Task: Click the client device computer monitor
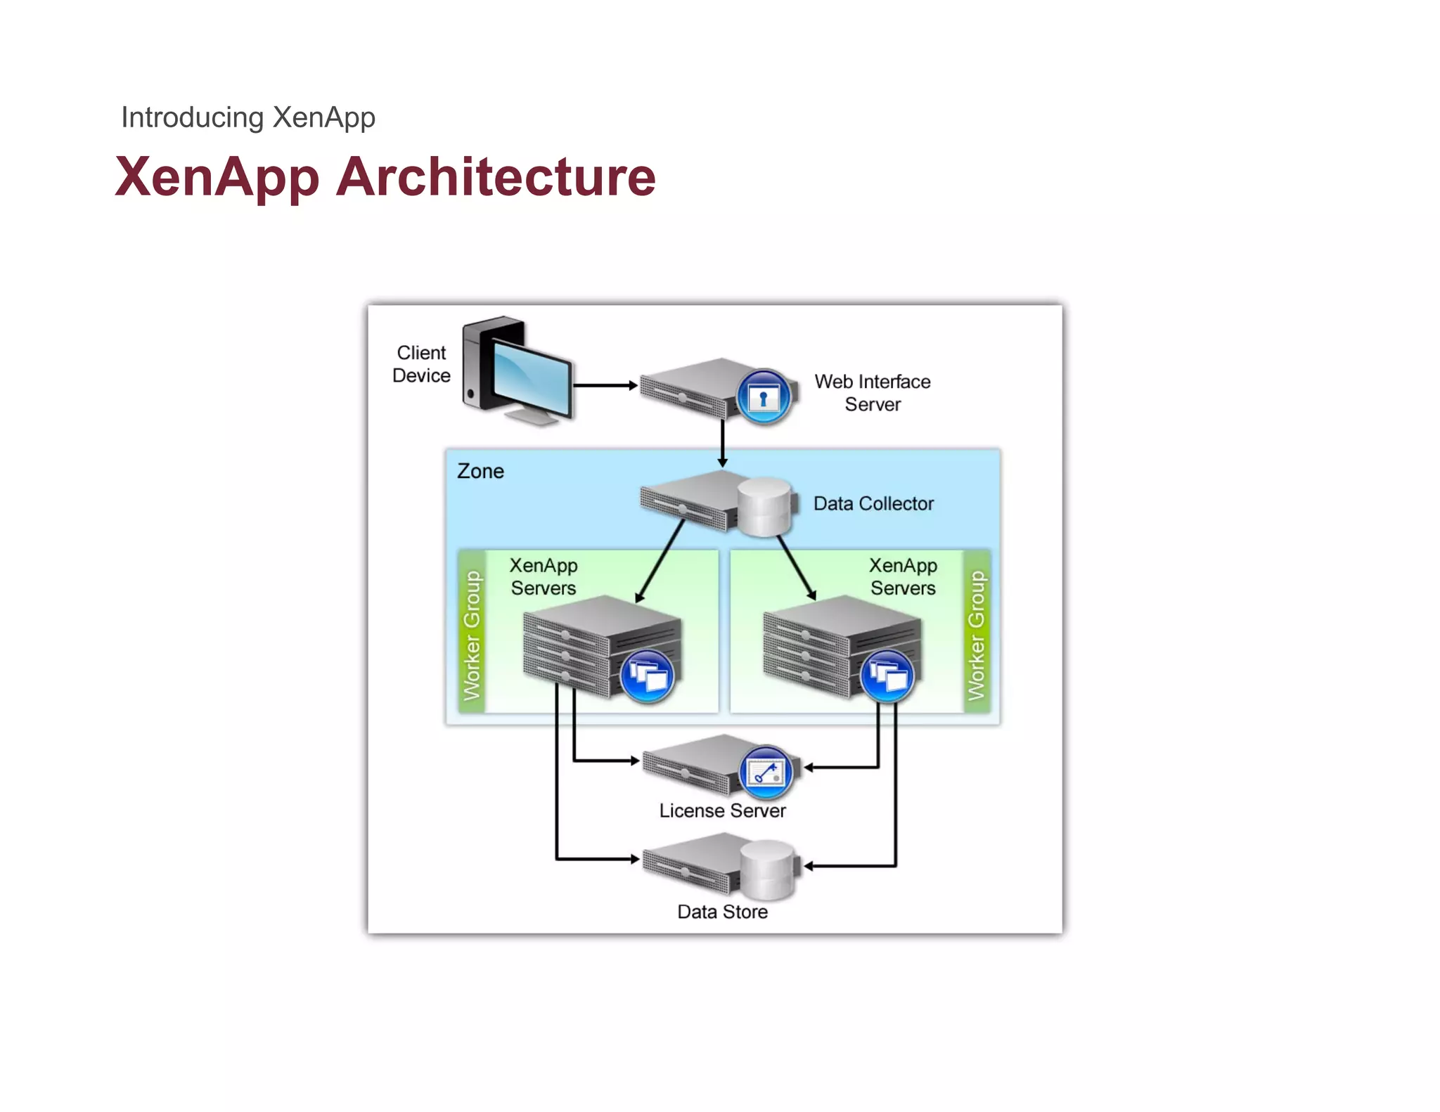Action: click(530, 377)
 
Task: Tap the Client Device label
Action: click(421, 364)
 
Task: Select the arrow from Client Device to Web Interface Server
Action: click(605, 385)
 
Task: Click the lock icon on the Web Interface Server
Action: click(764, 398)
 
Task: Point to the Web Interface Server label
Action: click(872, 393)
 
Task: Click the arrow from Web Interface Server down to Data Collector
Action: click(722, 443)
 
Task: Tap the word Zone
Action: click(480, 471)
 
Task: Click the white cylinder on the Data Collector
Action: click(764, 506)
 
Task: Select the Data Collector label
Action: click(873, 503)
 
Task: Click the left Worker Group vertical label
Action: click(472, 635)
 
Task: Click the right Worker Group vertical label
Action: click(976, 635)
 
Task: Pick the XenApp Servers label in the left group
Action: click(544, 576)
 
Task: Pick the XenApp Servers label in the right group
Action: click(903, 576)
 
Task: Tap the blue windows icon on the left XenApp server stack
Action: click(647, 676)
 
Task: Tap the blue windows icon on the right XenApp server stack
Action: click(887, 676)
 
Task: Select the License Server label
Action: click(722, 810)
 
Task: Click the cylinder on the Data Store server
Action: click(767, 869)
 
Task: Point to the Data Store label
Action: click(722, 912)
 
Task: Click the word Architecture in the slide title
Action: click(496, 176)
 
